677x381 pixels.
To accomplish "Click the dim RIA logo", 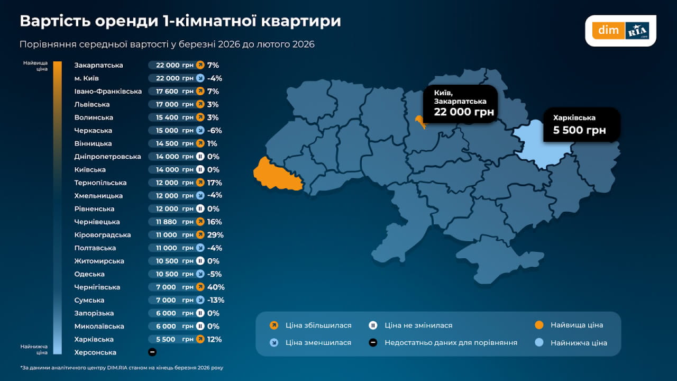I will [620, 30].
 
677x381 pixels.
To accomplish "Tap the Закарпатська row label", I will [99, 65].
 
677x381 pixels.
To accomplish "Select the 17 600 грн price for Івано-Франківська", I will [171, 91].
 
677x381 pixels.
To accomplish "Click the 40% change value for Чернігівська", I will [216, 287].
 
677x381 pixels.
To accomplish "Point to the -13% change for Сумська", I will [216, 300].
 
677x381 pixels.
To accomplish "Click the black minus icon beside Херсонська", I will [152, 352].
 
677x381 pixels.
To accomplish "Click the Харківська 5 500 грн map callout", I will [581, 124].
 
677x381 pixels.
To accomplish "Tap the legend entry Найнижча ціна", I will [578, 342].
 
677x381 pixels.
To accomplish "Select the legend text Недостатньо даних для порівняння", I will [451, 342].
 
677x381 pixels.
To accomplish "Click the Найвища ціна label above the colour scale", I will [35, 66].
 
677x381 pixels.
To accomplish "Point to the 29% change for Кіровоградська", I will [216, 234].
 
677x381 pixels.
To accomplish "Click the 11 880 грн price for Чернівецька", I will [171, 222].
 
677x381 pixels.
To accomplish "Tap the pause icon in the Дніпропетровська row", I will [200, 157].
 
